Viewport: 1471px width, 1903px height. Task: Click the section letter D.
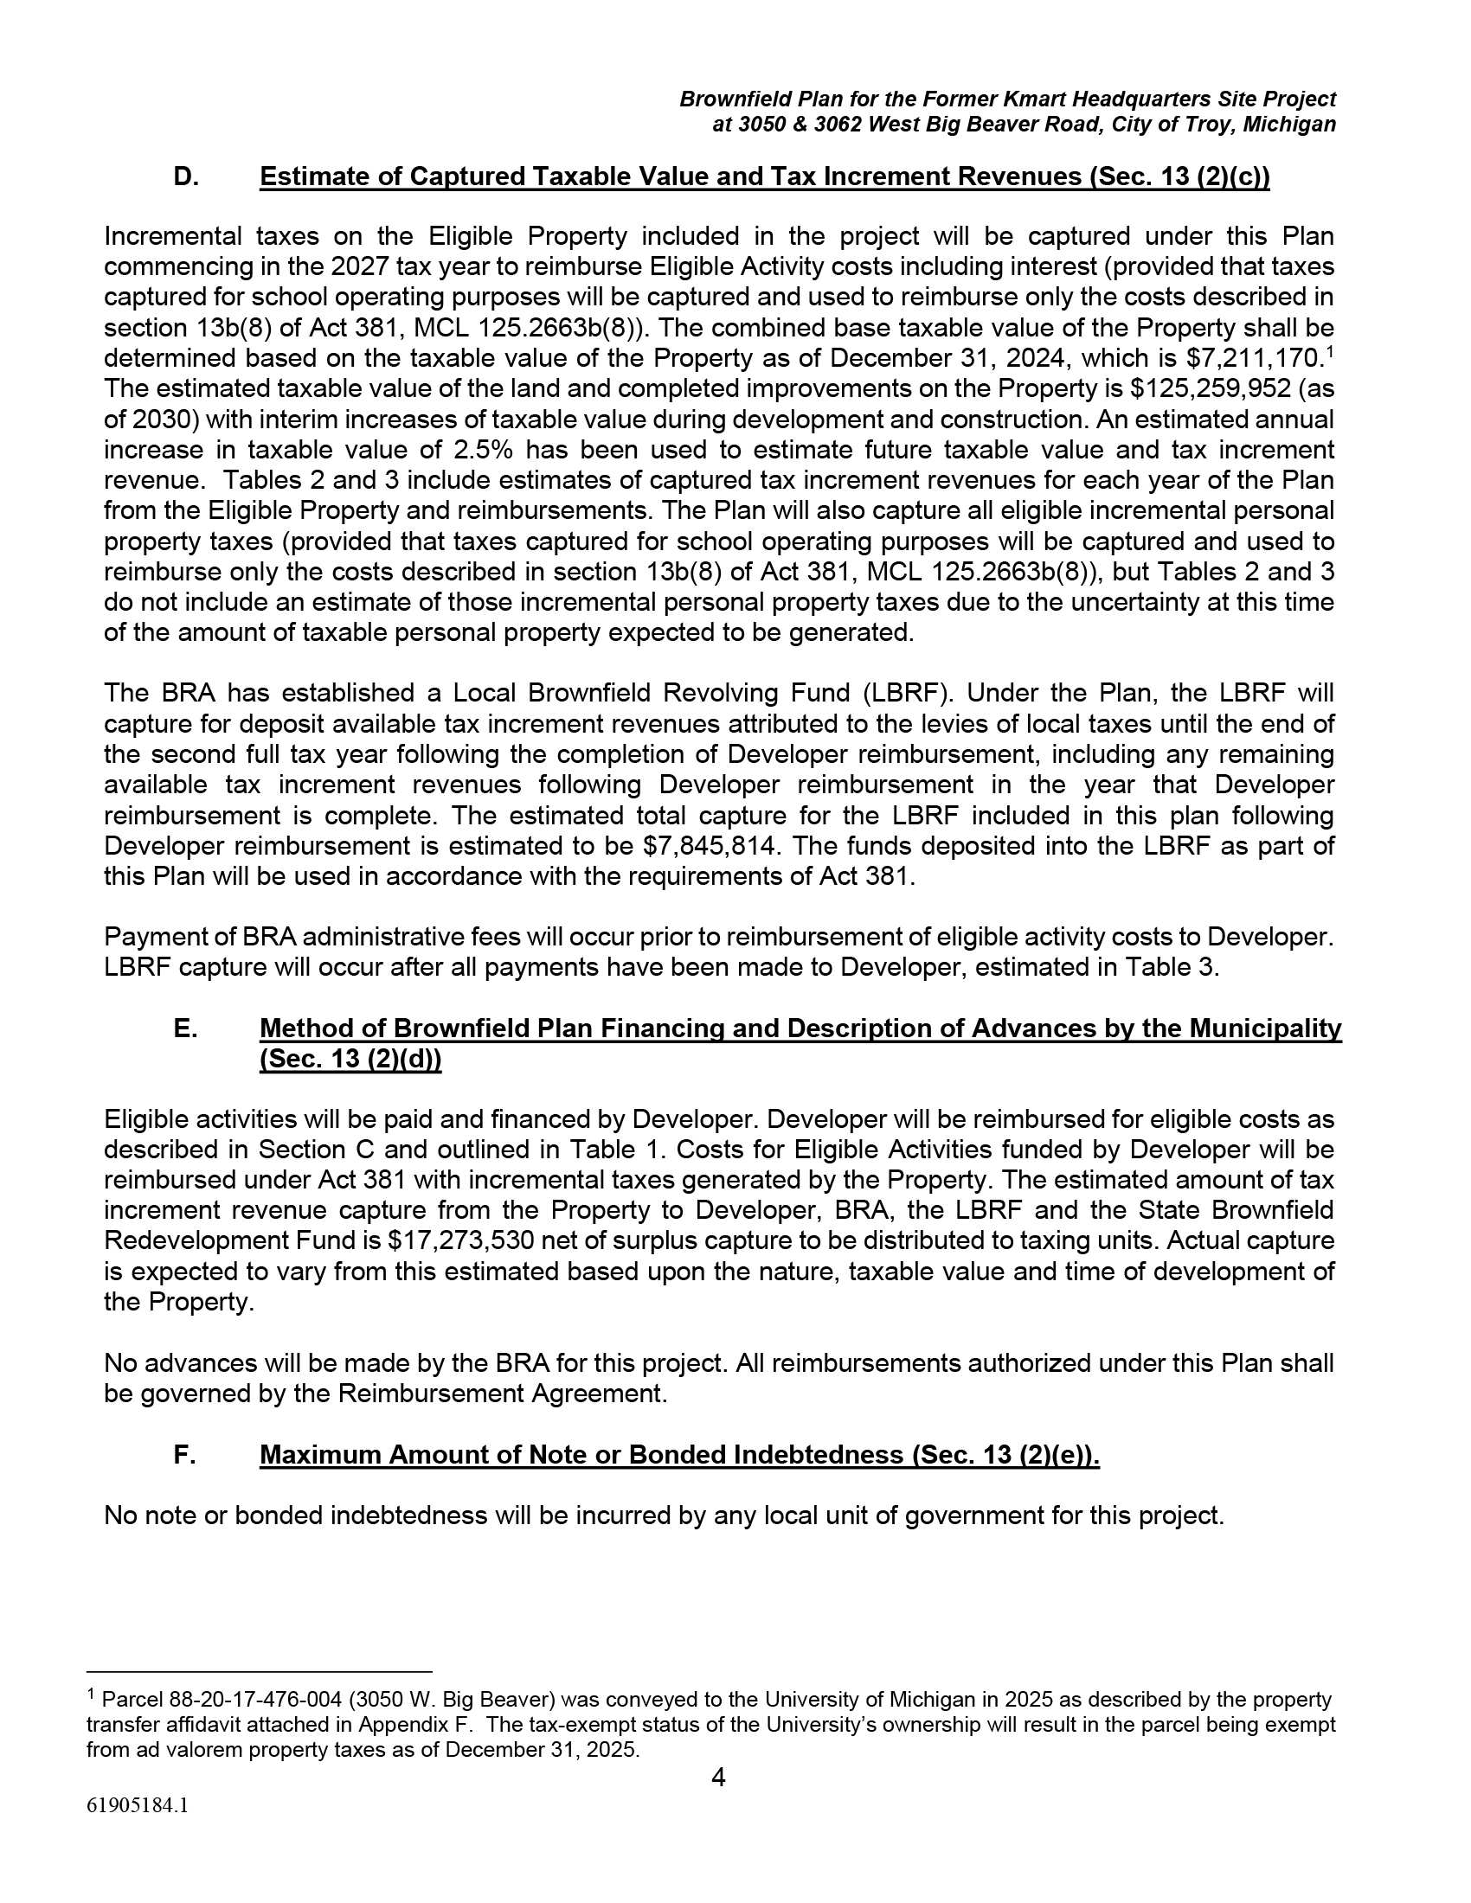click(x=185, y=176)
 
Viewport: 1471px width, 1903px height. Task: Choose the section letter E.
click(x=185, y=1029)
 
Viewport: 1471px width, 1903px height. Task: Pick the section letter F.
click(x=183, y=1455)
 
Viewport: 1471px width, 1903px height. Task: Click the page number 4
click(x=718, y=1777)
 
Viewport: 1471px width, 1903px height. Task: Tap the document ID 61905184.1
click(x=137, y=1805)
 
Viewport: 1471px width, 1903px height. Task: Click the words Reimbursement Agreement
click(x=501, y=1394)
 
